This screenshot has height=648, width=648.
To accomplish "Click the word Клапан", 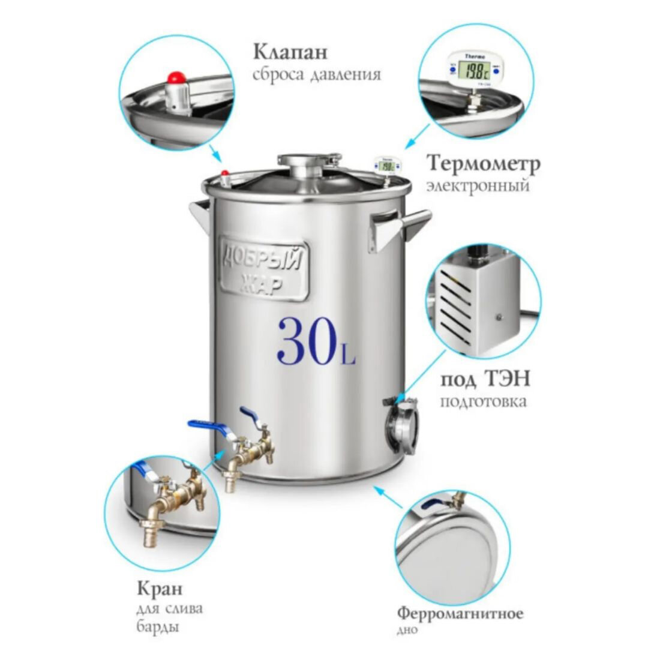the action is point(290,52).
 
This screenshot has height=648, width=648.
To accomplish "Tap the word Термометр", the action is point(483,164).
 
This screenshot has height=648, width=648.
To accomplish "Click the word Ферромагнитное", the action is point(460,614).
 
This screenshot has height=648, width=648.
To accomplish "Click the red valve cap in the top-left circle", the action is point(176,77).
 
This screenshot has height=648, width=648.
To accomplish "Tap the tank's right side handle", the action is point(399,229).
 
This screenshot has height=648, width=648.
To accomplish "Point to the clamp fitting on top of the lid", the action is point(310,164).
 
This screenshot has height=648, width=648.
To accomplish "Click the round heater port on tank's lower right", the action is point(400,425).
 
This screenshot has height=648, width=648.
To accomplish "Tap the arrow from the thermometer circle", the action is point(418,136).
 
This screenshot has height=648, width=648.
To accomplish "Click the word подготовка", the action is point(483,401).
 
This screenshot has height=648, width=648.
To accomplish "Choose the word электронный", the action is point(478,185).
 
